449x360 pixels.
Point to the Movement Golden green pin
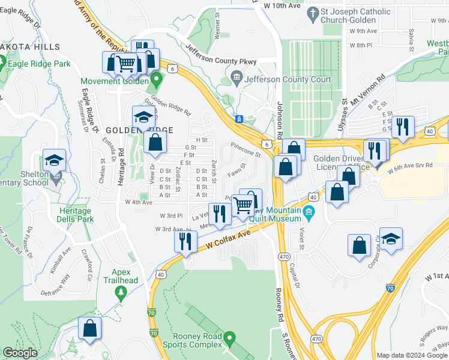coord(156,78)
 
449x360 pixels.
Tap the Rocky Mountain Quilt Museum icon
coord(309,212)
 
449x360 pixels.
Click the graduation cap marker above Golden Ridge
coord(143,116)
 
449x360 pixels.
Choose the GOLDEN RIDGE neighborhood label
coord(140,130)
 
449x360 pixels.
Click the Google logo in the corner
coord(20,353)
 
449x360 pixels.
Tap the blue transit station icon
coord(239,119)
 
